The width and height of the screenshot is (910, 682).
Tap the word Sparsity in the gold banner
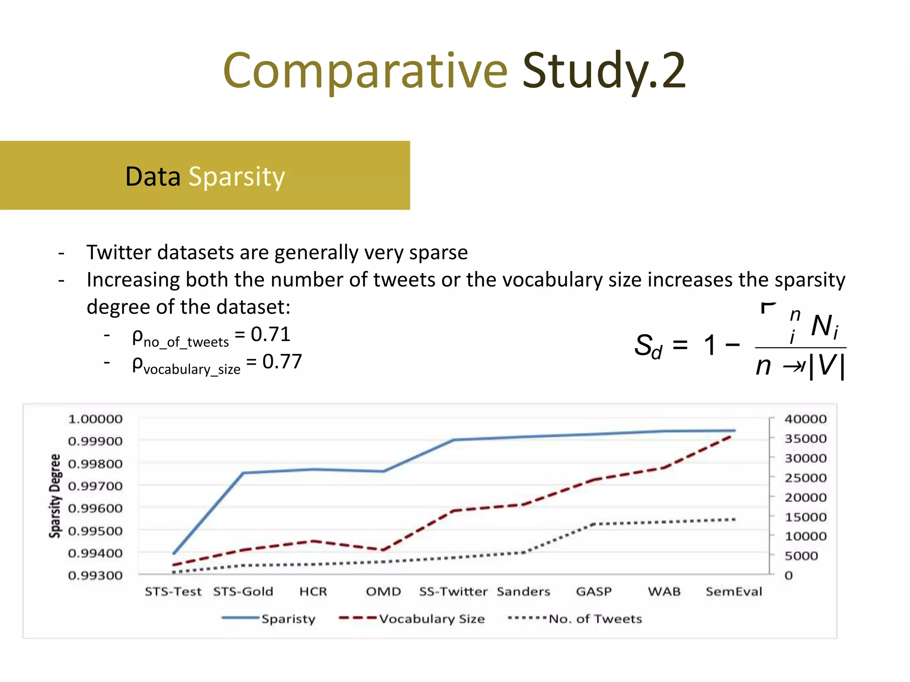point(236,177)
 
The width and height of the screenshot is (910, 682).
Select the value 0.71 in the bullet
point(271,334)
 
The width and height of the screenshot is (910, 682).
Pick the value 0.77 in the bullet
point(282,361)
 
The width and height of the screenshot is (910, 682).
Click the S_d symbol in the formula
point(648,346)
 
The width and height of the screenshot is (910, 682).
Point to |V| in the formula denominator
point(826,366)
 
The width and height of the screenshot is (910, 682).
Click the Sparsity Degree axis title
point(55,496)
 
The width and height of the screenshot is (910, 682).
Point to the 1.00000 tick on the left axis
point(95,419)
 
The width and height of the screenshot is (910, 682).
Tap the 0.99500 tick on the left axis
point(95,531)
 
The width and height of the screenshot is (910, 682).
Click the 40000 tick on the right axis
point(805,419)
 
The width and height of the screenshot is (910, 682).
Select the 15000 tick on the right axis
point(805,517)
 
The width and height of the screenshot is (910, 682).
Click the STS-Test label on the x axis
point(173,591)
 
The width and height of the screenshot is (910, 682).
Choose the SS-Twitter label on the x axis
point(453,591)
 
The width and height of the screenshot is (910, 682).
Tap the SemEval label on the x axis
point(734,591)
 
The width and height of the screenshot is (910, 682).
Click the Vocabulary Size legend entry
point(431,619)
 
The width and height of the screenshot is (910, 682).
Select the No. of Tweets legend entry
point(595,619)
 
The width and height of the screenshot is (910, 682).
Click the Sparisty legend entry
point(288,619)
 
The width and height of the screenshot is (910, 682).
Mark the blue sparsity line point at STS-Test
point(174,553)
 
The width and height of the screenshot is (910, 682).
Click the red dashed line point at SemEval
point(730,437)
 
